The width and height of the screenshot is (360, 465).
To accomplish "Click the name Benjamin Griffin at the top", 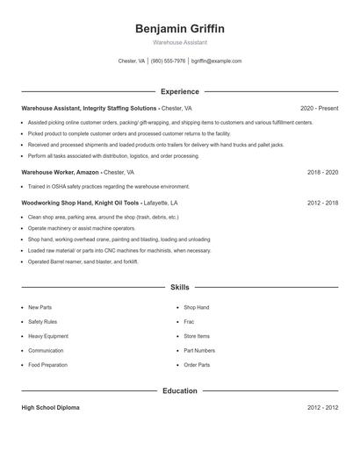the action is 179,28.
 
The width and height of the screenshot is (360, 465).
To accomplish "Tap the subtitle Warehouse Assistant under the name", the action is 179,42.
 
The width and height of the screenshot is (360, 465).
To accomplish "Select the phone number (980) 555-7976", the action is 168,61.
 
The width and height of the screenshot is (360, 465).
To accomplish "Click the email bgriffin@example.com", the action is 216,61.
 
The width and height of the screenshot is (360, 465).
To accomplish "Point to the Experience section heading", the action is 179,91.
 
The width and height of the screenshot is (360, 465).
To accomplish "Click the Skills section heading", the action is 179,287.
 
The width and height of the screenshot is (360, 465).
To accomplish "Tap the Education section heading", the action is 179,390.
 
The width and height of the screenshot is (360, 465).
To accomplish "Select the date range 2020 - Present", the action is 319,108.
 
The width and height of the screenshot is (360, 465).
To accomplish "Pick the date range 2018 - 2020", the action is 322,173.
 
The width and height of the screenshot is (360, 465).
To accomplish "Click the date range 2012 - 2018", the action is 322,202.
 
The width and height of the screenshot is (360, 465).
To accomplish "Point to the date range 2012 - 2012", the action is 322,408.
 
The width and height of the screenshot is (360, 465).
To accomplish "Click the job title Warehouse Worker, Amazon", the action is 60,173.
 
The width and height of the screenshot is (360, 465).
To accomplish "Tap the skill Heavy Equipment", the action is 48,336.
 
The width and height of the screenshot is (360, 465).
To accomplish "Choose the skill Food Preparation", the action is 47,364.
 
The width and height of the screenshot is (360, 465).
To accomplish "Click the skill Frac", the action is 189,322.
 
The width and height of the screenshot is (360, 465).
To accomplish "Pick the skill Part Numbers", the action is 199,350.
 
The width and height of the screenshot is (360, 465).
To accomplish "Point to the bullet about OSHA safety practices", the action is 108,186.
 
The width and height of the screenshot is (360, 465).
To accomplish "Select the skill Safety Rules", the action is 43,322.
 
